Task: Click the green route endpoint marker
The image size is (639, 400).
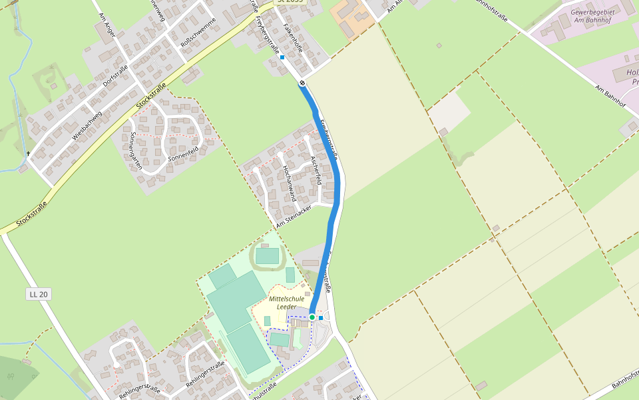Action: point(312,317)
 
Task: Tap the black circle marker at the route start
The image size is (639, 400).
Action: point(302,83)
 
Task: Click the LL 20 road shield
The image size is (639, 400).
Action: point(39,294)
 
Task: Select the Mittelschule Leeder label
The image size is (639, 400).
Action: point(287,303)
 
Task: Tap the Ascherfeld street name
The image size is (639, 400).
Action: point(316,170)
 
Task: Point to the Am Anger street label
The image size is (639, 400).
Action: point(106,25)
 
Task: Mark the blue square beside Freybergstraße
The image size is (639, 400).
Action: point(282,57)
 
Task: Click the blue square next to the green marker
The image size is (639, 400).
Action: point(321,318)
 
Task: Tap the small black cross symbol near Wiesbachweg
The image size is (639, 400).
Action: point(28,154)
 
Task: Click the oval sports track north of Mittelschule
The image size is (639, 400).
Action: point(268,255)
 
